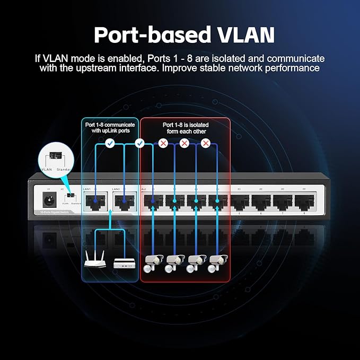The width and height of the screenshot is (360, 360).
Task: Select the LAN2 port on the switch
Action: (123, 200)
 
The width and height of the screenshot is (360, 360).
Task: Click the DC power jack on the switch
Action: (48, 199)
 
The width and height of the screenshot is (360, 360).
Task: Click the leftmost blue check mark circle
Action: (109, 143)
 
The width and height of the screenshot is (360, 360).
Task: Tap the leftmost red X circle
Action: (163, 143)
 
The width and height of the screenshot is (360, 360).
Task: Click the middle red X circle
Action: (185, 143)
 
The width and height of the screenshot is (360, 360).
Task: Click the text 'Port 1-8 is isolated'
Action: (185, 125)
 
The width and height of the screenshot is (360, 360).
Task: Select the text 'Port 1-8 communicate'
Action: (110, 125)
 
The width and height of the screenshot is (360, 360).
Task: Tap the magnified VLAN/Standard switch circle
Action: (55, 157)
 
